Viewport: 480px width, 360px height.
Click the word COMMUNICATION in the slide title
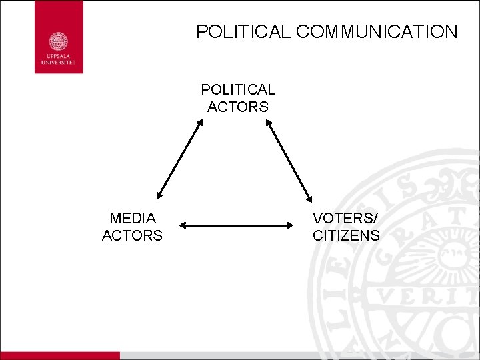(375, 31)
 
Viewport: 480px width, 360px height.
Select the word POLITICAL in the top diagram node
(238, 89)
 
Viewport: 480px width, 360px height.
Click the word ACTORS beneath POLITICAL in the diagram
(238, 107)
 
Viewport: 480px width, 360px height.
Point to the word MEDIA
(132, 218)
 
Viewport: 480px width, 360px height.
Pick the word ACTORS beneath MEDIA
(132, 235)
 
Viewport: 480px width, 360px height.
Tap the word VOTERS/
(345, 218)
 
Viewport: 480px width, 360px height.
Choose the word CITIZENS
(346, 235)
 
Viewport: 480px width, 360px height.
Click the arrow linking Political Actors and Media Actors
(179, 159)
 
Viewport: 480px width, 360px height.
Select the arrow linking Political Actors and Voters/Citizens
(289, 161)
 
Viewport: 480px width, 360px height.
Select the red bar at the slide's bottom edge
(60, 356)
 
